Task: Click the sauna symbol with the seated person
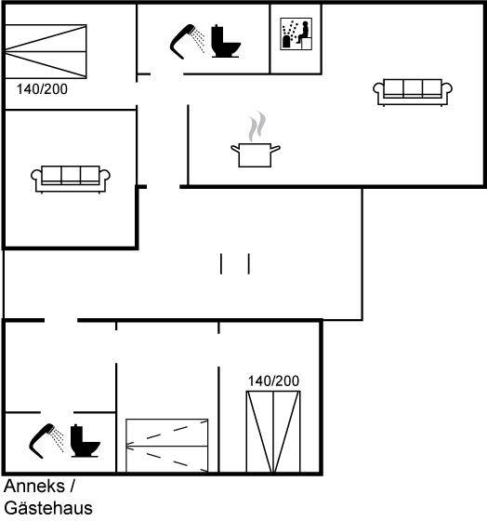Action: [x=296, y=33]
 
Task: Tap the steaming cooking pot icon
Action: [x=256, y=140]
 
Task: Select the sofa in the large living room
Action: [x=413, y=92]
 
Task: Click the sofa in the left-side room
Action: [x=71, y=179]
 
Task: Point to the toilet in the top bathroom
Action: [x=226, y=41]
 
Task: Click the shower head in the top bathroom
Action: [x=182, y=41]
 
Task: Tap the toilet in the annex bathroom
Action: [x=85, y=441]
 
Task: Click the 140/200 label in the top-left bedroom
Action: [x=42, y=89]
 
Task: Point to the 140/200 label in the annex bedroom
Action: [x=273, y=381]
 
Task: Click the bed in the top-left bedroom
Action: [x=46, y=51]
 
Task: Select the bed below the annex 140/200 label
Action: [x=273, y=432]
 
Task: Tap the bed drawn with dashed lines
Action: [x=167, y=446]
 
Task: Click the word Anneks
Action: [x=34, y=486]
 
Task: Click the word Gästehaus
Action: [x=48, y=508]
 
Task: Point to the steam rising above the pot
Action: [x=257, y=127]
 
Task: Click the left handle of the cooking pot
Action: [x=235, y=149]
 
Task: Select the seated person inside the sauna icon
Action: [x=304, y=31]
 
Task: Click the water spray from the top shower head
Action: [x=199, y=41]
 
